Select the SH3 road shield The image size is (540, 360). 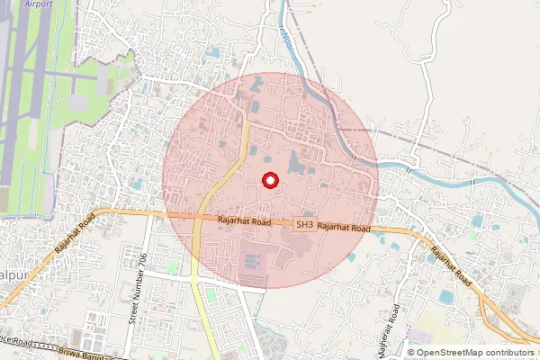[x=305, y=225]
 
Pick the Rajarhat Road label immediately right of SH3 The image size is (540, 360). [x=344, y=229]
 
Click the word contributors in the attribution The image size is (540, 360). [x=512, y=352]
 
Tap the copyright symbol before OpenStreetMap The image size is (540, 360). [x=411, y=352]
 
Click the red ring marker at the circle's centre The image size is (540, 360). [x=269, y=180]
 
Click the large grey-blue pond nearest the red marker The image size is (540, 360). [x=296, y=164]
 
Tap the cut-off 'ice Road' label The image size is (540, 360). [x=16, y=343]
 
